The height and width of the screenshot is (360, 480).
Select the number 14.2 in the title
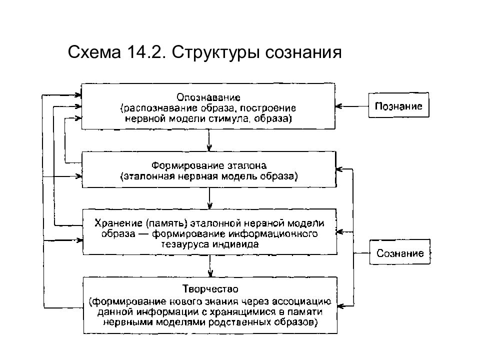(x=142, y=52)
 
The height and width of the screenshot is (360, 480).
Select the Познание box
(x=398, y=106)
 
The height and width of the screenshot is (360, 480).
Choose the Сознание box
(x=399, y=253)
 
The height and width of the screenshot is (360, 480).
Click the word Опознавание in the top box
(x=209, y=97)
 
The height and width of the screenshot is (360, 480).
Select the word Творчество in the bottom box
(x=209, y=289)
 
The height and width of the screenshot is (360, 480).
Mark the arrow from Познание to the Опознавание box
(x=352, y=106)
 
